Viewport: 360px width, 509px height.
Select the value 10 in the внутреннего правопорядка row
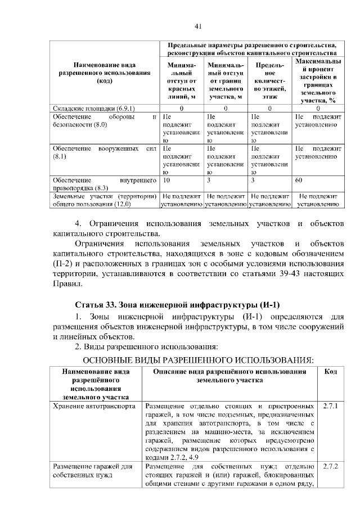click(166, 181)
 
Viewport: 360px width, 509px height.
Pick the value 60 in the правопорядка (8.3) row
click(299, 181)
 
